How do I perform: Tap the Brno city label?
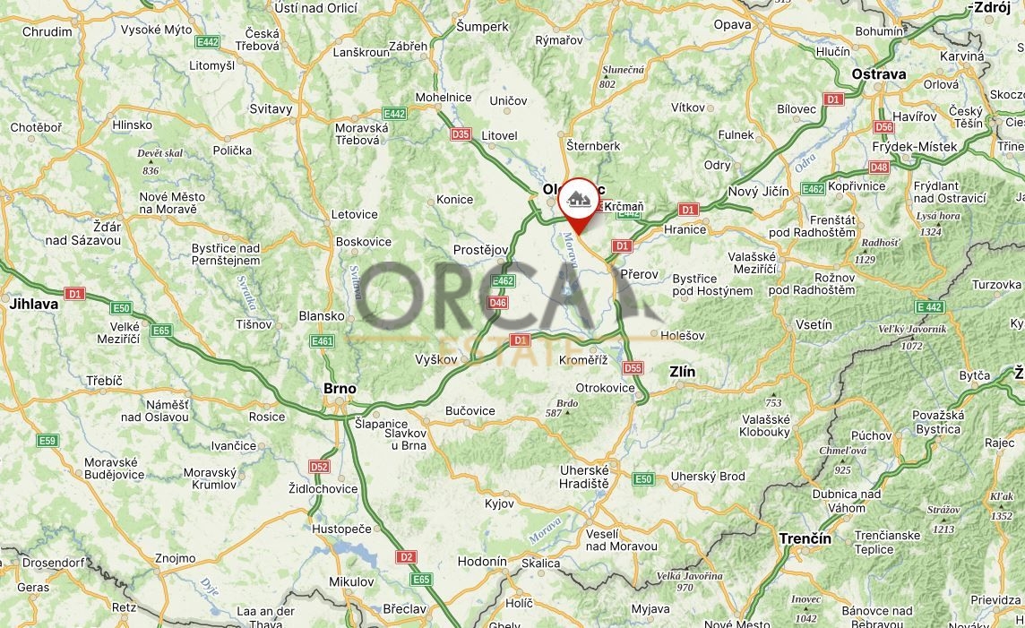pyautogui.click(x=340, y=389)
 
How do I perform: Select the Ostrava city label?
pyautogui.click(x=879, y=74)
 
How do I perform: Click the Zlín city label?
pyautogui.click(x=683, y=371)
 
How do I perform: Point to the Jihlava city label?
pyautogui.click(x=34, y=304)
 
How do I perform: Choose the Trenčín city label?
pyautogui.click(x=804, y=538)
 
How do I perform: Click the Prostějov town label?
pyautogui.click(x=481, y=249)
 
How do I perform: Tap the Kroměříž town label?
pyautogui.click(x=583, y=359)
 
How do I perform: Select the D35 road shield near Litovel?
pyautogui.click(x=461, y=134)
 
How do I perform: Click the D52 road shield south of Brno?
pyautogui.click(x=319, y=467)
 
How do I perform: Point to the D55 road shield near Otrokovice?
pyautogui.click(x=633, y=367)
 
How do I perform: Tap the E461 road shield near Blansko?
pyautogui.click(x=322, y=341)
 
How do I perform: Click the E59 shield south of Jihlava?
pyautogui.click(x=47, y=441)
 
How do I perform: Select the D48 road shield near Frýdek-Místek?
pyautogui.click(x=879, y=167)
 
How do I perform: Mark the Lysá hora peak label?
pyautogui.click(x=936, y=216)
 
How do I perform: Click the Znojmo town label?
pyautogui.click(x=175, y=558)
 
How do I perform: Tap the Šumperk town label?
pyautogui.click(x=482, y=27)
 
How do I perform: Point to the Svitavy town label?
pyautogui.click(x=271, y=108)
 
